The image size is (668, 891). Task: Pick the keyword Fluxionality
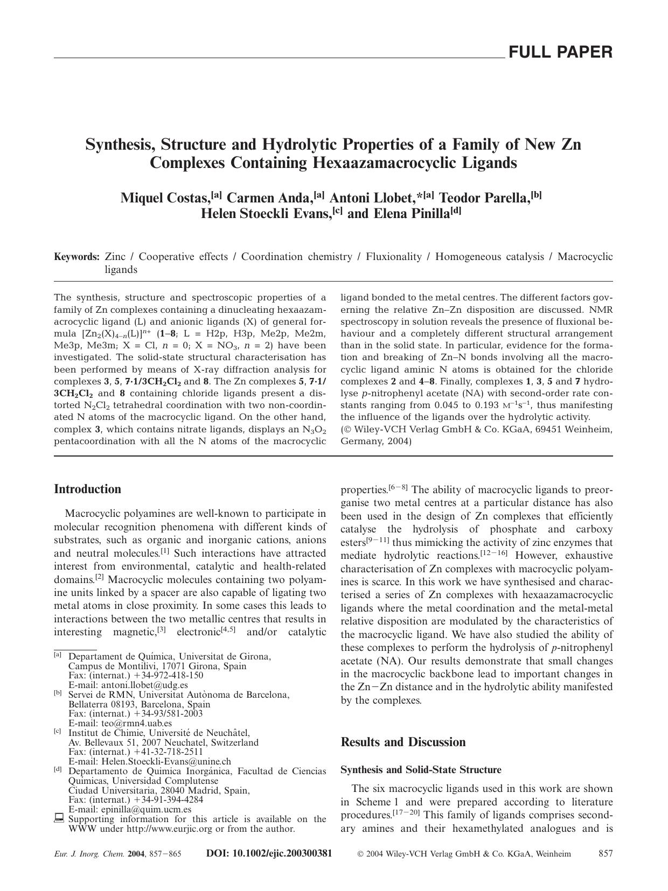coord(393,257)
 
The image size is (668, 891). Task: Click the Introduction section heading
coord(87,489)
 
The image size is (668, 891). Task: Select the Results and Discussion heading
coord(403,742)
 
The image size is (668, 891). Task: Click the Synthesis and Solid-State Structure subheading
coord(421,770)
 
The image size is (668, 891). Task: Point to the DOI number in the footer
coord(269,854)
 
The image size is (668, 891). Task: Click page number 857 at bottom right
coord(606,854)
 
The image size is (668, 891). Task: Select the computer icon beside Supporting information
coord(59,819)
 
